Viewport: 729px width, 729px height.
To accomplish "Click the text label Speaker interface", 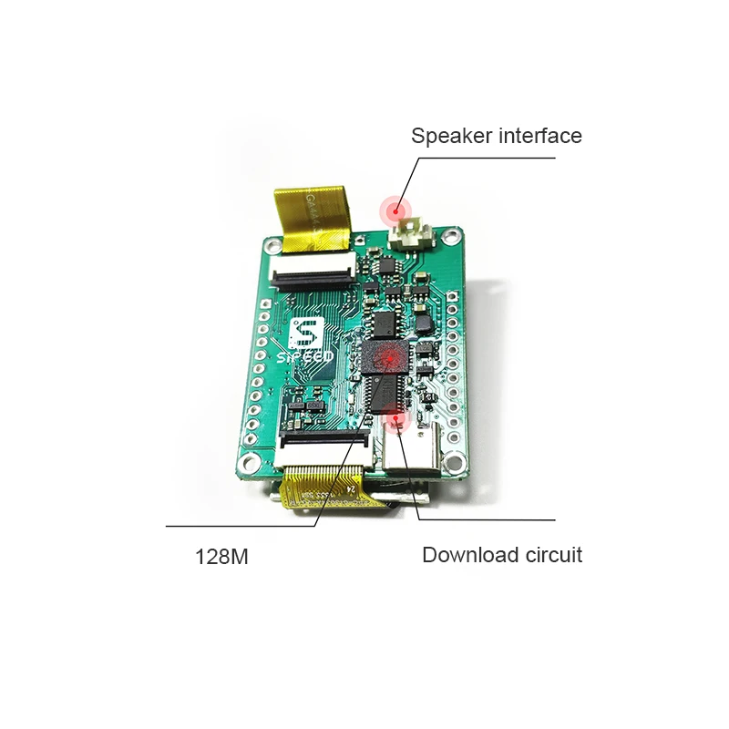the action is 496,137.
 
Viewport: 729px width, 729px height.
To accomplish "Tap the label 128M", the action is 221,556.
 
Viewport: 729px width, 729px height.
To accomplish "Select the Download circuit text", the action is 501,554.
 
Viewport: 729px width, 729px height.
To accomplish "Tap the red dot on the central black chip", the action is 385,359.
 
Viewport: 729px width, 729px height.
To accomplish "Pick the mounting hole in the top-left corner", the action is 270,249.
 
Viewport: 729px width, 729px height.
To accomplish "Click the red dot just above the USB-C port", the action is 397,420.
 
